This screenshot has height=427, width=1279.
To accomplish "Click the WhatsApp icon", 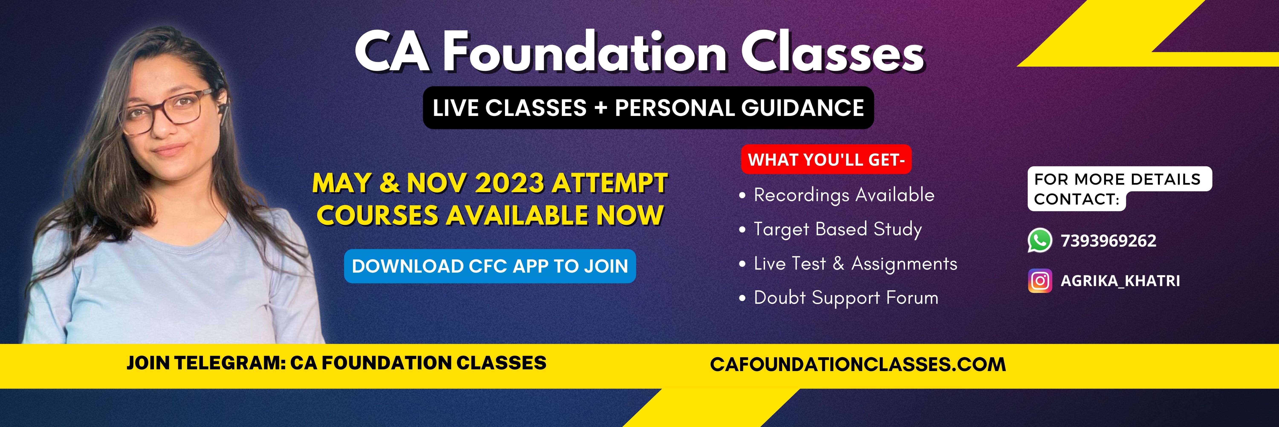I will pos(1040,241).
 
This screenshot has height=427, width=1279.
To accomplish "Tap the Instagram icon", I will pos(1040,281).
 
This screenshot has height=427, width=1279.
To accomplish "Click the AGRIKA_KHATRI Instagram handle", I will pos(1120,281).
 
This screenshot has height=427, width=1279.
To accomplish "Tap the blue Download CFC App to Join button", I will pos(490,266).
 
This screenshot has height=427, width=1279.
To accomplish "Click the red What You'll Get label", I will pos(826,159).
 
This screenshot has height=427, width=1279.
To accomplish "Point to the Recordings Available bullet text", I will pos(844,195).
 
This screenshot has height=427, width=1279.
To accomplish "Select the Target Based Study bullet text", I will pos(838,229).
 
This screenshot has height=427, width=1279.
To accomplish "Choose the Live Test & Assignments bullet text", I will pos(855,263).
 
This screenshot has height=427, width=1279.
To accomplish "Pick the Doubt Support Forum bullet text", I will pos(846,298).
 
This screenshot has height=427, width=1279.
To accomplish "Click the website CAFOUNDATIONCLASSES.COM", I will pos(858,364).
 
